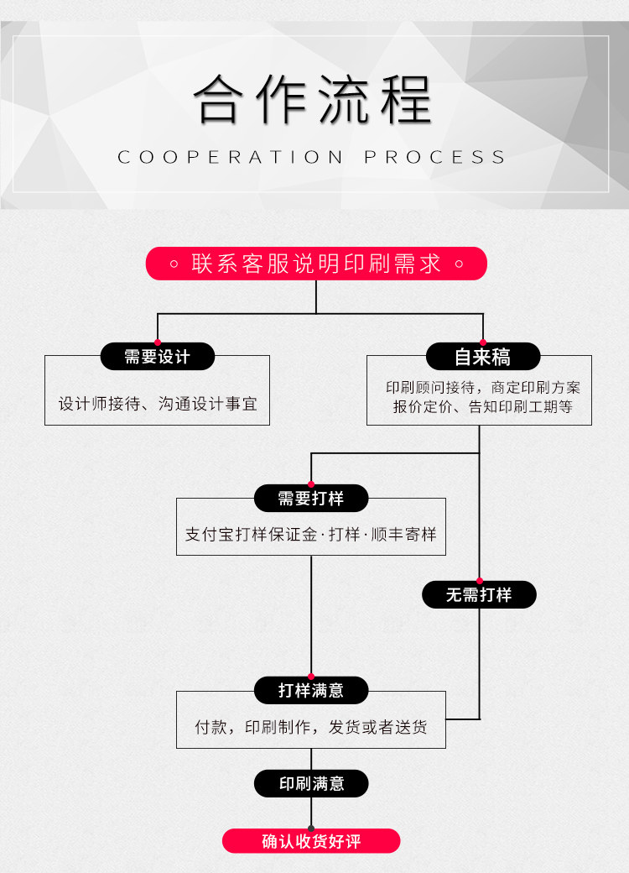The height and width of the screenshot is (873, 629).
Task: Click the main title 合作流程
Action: (x=313, y=99)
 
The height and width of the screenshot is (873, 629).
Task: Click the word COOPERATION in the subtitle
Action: (x=231, y=157)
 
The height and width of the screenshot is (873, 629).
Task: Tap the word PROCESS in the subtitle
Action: (x=435, y=157)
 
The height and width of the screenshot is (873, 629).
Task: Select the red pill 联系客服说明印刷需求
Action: (x=316, y=264)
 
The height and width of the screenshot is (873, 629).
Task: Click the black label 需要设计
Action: (x=158, y=356)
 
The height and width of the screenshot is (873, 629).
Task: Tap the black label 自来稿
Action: (x=483, y=356)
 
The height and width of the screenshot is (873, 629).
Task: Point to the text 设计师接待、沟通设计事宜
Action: (x=158, y=404)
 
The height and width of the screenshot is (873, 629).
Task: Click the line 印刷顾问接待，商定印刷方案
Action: (x=483, y=387)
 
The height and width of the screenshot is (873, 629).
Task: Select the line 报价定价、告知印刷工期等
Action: (x=483, y=406)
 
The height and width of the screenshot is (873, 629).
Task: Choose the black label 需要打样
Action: (x=311, y=499)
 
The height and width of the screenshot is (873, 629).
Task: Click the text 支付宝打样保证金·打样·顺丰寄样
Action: (x=311, y=535)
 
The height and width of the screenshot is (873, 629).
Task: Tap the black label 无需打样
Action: (x=479, y=594)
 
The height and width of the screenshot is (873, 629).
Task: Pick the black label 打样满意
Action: (x=311, y=690)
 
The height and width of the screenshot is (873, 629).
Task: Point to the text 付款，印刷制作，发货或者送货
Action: (x=311, y=727)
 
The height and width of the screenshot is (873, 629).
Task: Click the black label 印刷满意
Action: (x=311, y=783)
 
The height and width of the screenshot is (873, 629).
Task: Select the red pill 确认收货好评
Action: (x=311, y=841)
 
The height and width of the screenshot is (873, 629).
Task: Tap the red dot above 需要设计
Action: (x=158, y=342)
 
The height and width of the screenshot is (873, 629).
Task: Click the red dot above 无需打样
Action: (x=480, y=581)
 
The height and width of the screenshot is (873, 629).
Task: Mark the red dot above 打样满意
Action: (x=311, y=677)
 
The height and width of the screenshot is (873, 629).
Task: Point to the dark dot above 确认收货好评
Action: (x=311, y=829)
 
